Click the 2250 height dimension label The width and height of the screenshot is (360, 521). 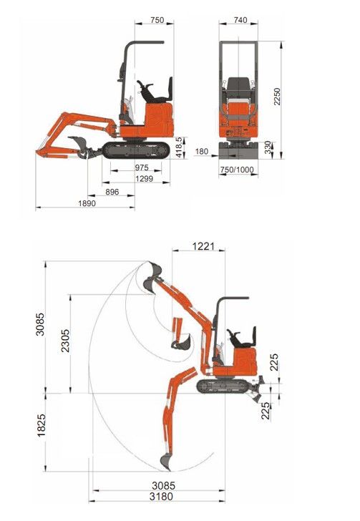click(x=277, y=97)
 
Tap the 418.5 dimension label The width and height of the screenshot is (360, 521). click(x=179, y=147)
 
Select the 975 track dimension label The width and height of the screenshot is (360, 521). click(x=142, y=167)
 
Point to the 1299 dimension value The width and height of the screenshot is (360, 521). click(x=145, y=179)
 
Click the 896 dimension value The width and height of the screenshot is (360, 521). click(x=112, y=192)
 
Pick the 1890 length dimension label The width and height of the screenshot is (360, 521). click(x=87, y=203)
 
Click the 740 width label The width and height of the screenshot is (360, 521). click(x=240, y=20)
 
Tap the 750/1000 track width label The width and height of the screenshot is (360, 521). click(x=237, y=170)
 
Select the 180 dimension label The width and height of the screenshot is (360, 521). click(x=201, y=152)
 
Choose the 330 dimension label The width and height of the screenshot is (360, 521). click(x=268, y=147)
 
